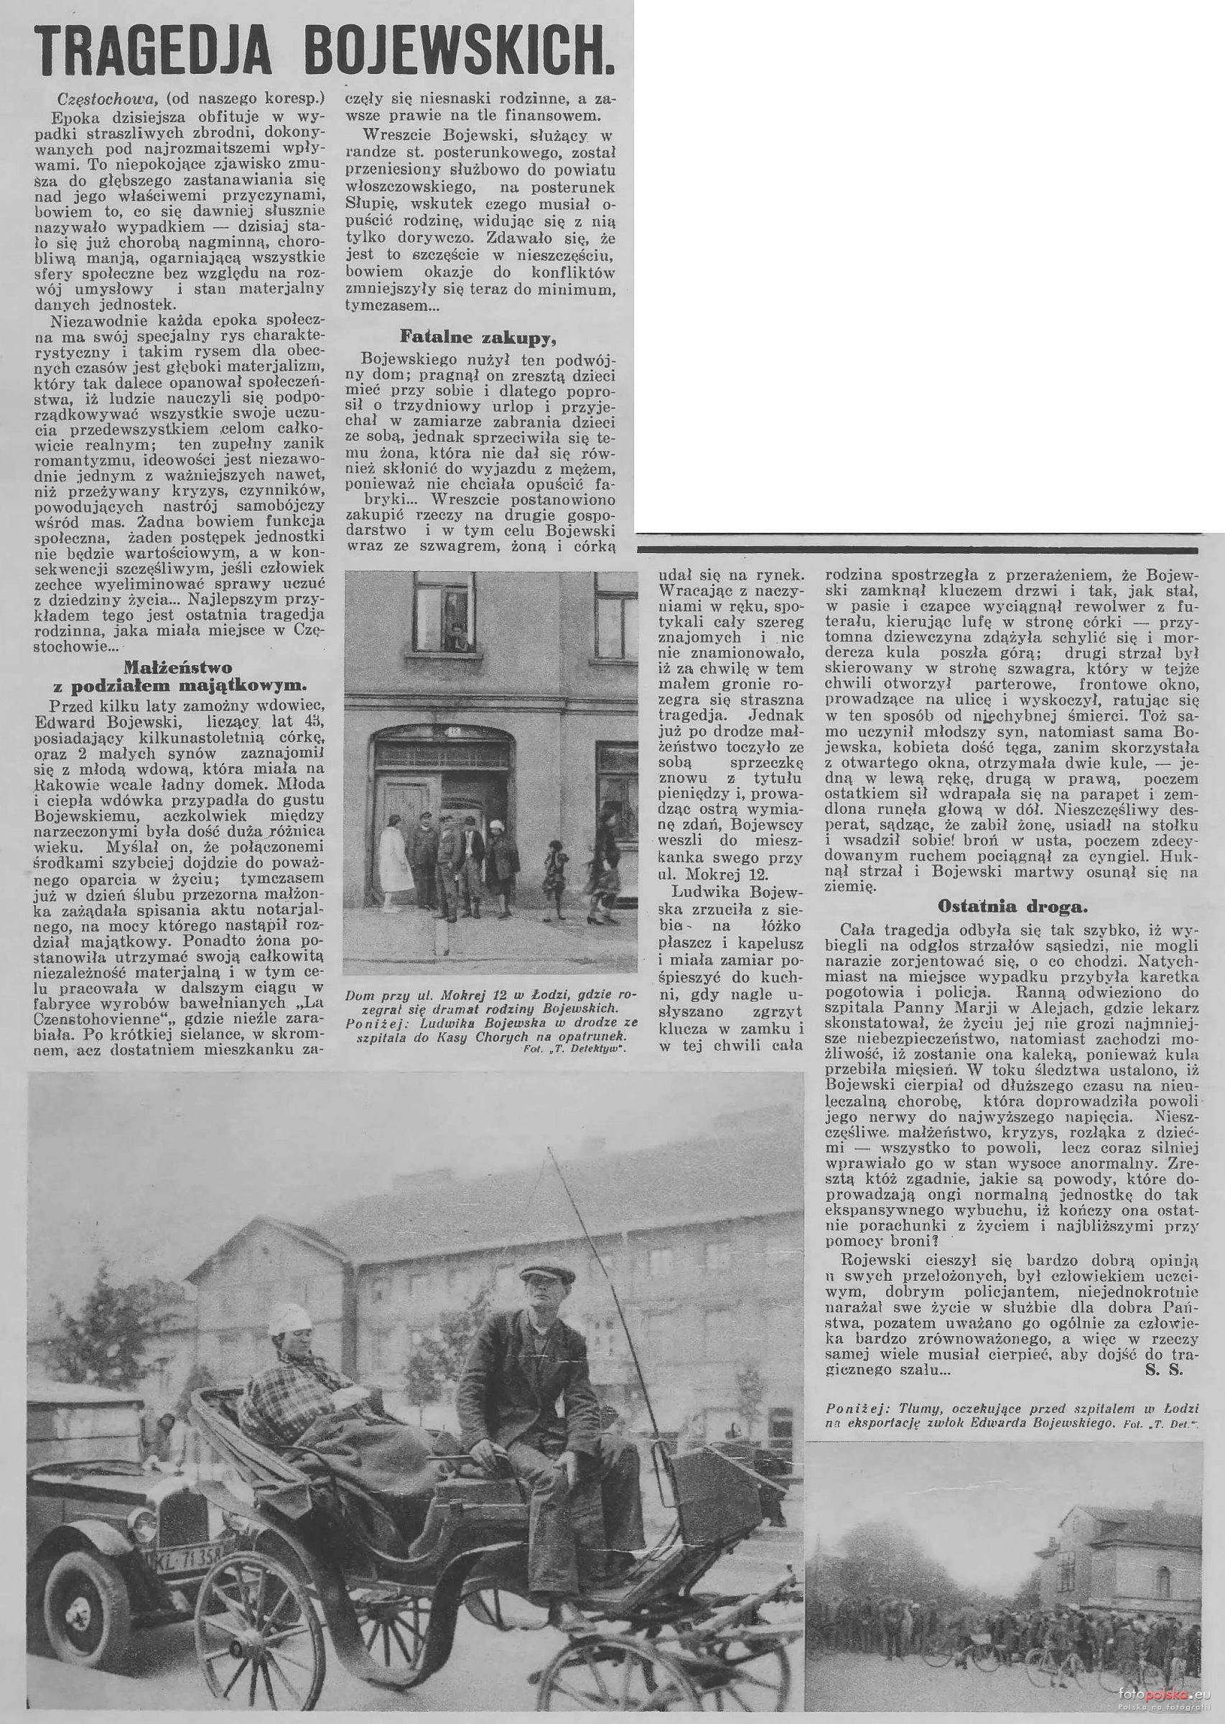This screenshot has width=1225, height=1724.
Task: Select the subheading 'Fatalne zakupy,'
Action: point(480,334)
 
